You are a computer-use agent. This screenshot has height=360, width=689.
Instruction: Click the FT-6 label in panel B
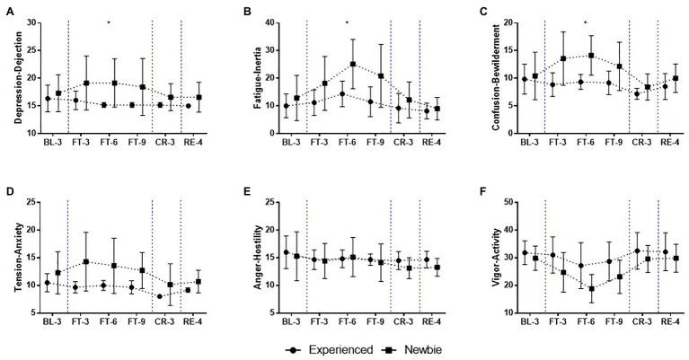click(x=347, y=143)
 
